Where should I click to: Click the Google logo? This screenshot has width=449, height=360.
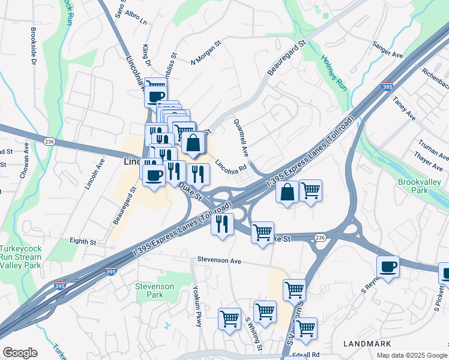20,353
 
